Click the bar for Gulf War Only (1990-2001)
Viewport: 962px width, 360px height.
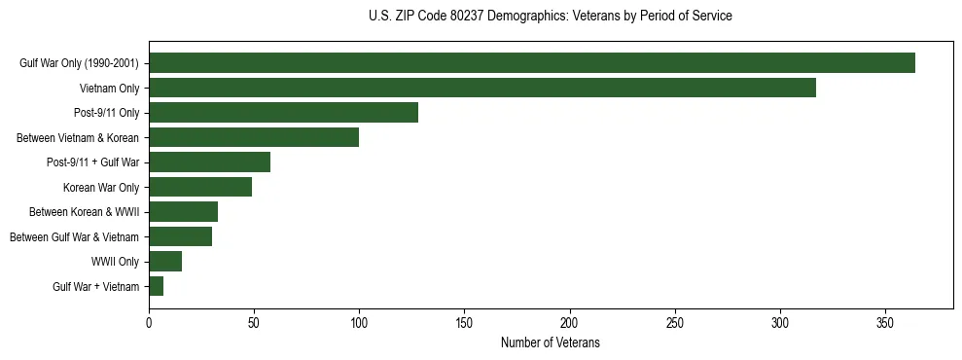(532, 63)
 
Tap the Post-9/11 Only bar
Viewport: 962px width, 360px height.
(283, 113)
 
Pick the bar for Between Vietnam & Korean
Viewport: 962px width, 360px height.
(254, 137)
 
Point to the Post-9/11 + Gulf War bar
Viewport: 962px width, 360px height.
(209, 162)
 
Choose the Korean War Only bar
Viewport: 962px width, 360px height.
(200, 187)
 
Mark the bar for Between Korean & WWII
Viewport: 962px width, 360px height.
(183, 212)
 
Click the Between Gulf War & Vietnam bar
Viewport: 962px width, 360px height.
(180, 236)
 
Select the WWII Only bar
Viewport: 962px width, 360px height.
(165, 262)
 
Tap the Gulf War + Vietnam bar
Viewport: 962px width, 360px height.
(156, 286)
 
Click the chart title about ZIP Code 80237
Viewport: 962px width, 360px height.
(551, 17)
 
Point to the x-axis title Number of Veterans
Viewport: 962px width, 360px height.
(551, 343)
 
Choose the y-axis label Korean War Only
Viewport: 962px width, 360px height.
(101, 187)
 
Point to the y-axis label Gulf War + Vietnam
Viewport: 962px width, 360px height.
(95, 286)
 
